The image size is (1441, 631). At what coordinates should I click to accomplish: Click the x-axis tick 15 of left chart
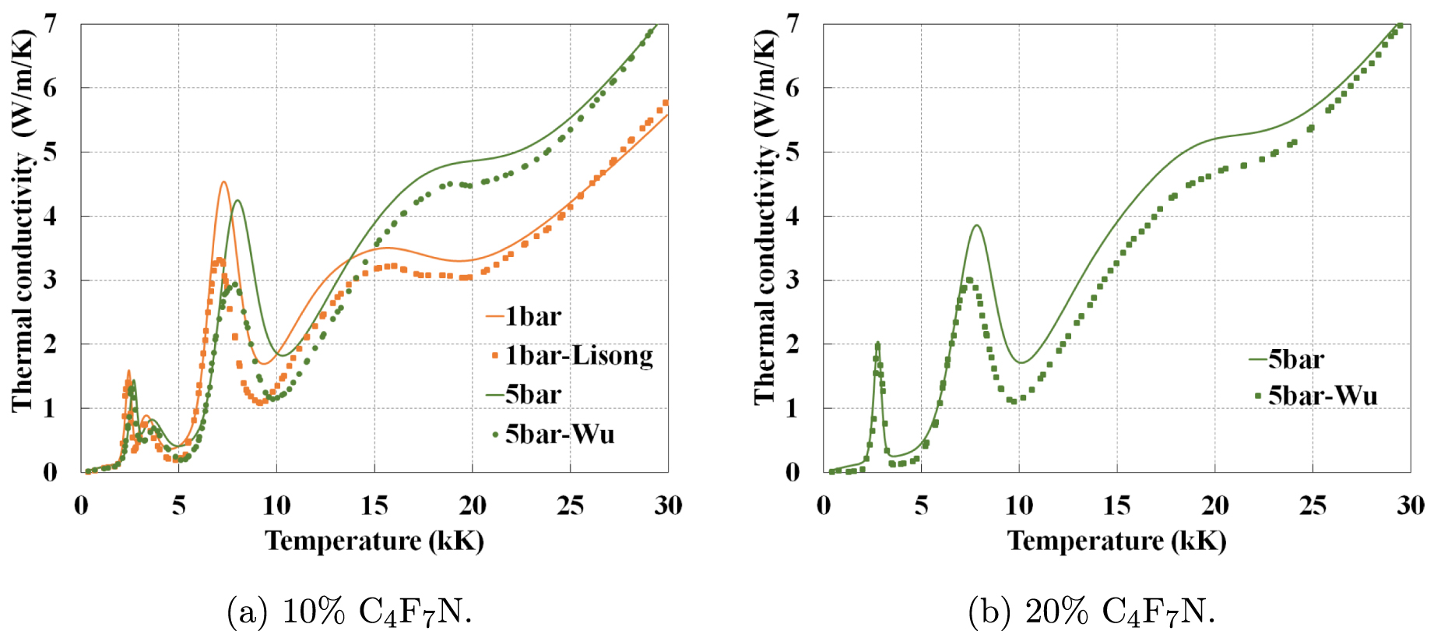374,506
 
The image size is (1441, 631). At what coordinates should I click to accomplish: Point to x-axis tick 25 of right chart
1313,506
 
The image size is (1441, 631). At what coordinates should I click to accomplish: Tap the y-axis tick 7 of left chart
51,24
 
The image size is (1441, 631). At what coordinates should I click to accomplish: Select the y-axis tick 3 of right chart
793,280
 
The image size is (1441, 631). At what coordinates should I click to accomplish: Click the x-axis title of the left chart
374,541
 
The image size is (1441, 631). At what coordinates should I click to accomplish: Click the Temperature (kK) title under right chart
1117,541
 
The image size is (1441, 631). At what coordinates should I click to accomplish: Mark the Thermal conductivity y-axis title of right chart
765,218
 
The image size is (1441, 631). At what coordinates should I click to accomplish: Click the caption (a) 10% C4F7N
350,612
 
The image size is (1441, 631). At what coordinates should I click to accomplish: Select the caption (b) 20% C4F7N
1091,612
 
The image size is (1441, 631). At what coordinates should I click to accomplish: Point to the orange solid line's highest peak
223,182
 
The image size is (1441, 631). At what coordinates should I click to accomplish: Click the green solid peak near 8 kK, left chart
237,200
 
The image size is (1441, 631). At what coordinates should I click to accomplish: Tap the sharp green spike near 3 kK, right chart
877,343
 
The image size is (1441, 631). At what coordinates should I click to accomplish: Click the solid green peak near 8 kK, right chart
976,226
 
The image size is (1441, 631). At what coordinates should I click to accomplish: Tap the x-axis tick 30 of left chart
668,506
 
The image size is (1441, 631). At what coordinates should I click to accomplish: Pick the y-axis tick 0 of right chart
793,472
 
